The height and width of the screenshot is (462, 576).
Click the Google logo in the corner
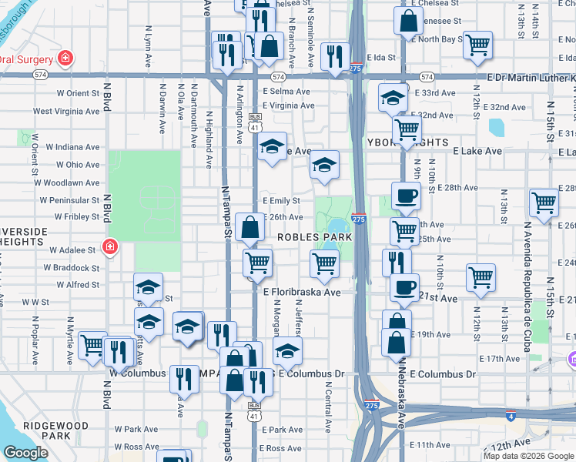click(25, 453)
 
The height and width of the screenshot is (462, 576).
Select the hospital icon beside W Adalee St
click(110, 247)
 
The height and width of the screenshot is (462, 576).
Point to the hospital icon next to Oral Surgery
click(66, 59)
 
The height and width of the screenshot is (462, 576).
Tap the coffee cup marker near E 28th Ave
click(406, 196)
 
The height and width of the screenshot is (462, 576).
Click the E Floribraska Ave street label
click(302, 293)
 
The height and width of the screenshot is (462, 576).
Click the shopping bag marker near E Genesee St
click(408, 21)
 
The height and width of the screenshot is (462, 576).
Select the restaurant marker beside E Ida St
click(334, 55)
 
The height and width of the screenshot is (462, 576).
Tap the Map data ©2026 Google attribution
click(529, 456)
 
